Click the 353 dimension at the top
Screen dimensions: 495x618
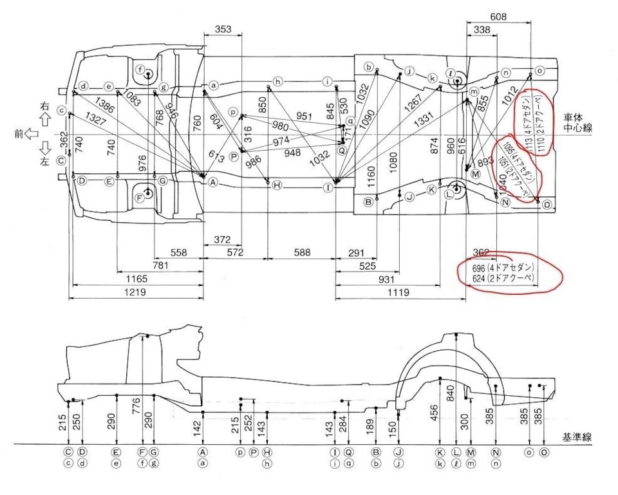point(222,29)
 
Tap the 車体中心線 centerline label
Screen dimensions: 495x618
point(577,123)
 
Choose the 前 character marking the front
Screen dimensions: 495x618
point(19,134)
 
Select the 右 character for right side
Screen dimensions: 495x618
point(44,105)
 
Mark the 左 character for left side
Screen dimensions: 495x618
point(44,163)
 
